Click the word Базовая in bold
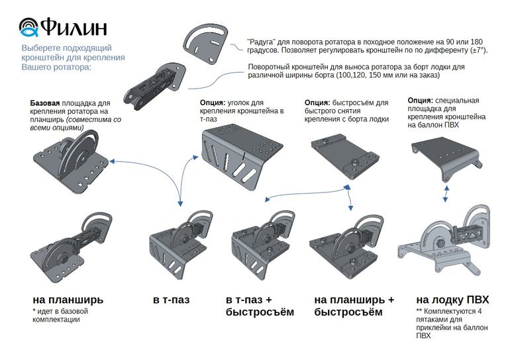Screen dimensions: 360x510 [45, 104]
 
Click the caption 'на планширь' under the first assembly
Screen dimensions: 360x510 [68, 299]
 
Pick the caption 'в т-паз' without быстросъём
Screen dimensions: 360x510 [171, 300]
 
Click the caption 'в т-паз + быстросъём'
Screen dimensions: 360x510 [259, 306]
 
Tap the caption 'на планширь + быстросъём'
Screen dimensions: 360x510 [354, 306]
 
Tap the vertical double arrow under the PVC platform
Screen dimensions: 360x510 [447, 195]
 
